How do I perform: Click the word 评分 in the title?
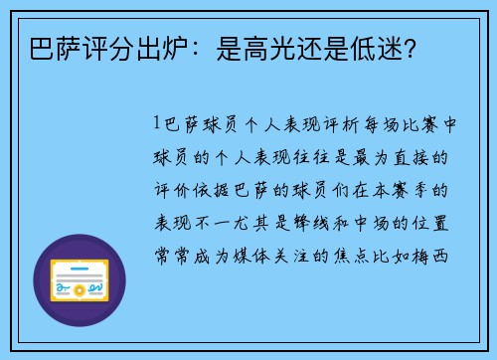pos(108,47)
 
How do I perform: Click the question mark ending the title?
pos(410,47)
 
